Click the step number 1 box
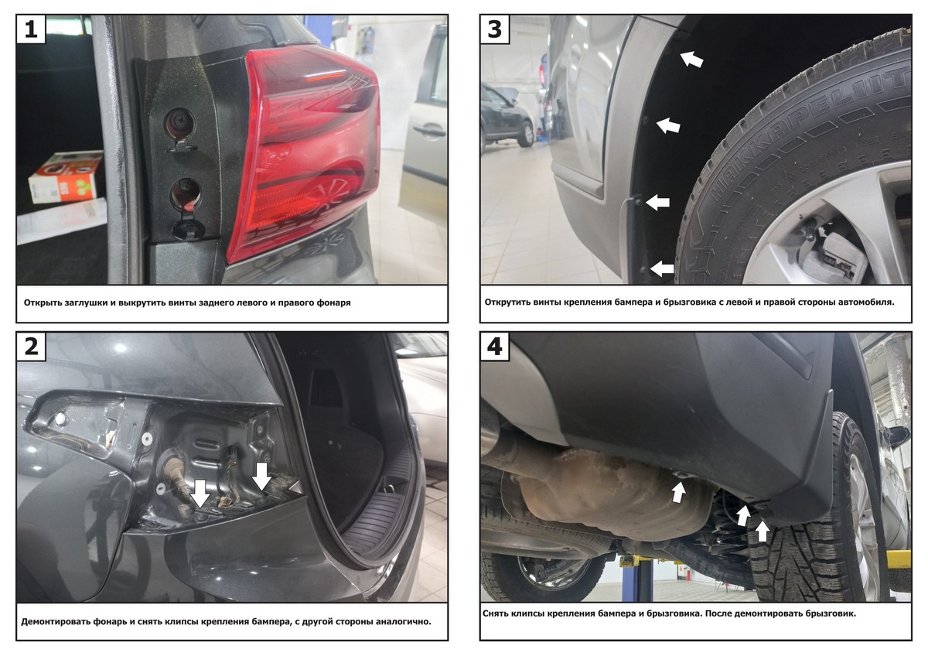[x=31, y=29]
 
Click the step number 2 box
[x=31, y=346]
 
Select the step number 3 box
[x=495, y=29]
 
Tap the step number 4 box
[x=495, y=346]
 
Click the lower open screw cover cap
[x=189, y=229]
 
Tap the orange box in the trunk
[x=67, y=177]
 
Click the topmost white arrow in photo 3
[x=692, y=59]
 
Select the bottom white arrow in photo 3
[x=662, y=268]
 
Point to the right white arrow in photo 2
[x=261, y=477]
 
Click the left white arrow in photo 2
[x=200, y=494]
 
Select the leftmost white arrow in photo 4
[x=677, y=492]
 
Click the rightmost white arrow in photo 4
[x=763, y=531]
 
